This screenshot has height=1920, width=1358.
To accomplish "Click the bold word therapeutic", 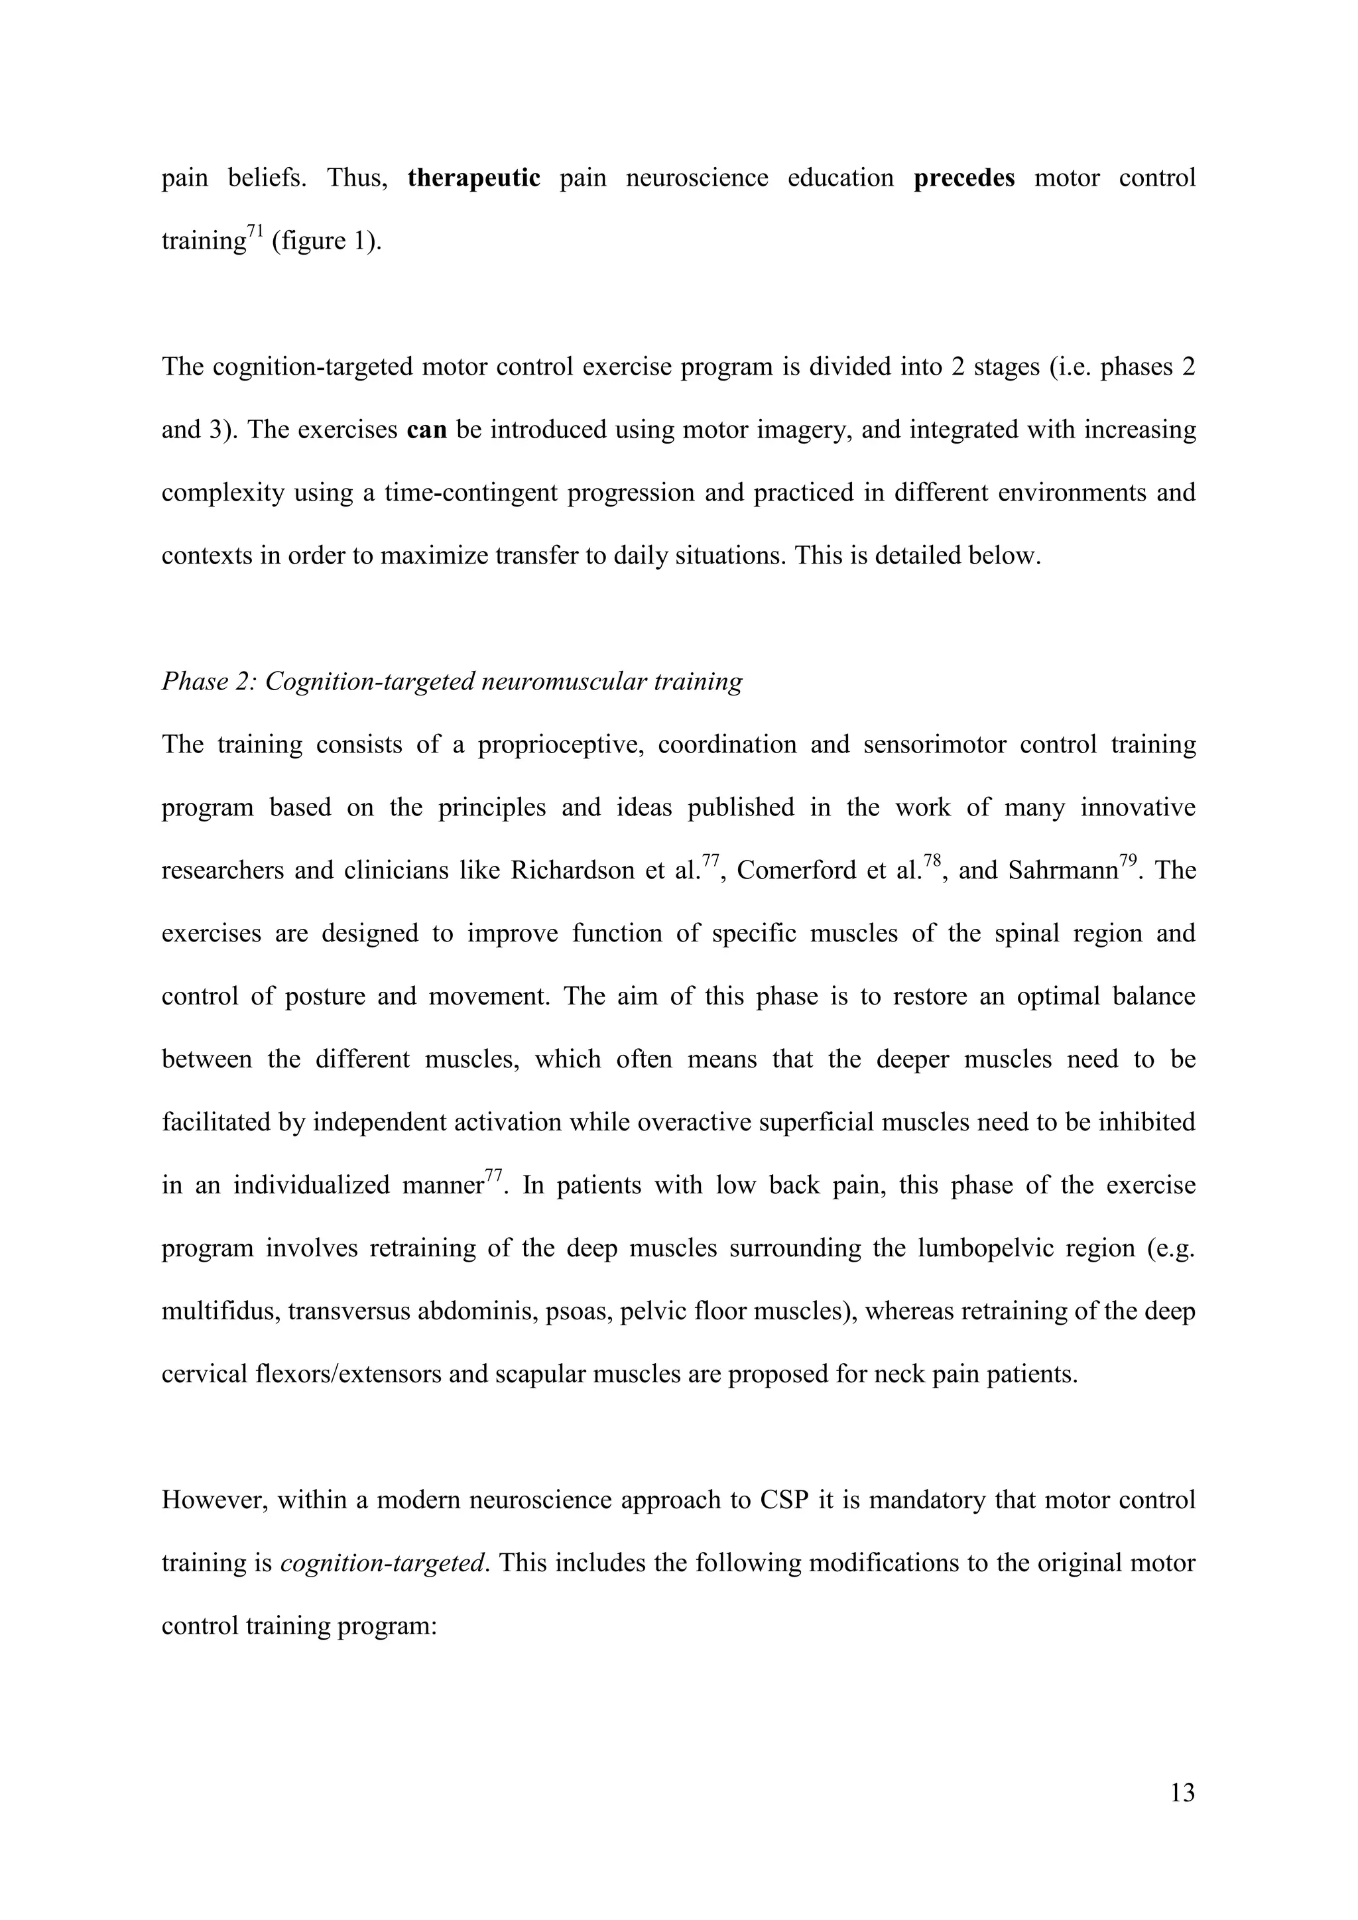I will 474,178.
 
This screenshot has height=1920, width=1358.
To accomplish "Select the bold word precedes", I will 964,178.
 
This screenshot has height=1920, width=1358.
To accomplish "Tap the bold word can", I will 426,430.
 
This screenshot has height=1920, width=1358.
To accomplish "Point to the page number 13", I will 1182,1793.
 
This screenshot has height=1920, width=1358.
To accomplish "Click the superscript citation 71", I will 255,231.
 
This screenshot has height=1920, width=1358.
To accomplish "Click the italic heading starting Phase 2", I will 452,682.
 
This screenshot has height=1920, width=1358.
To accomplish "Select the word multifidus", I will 219,1310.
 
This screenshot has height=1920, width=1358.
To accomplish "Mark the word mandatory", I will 928,1500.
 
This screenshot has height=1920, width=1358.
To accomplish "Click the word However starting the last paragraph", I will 214,1500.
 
